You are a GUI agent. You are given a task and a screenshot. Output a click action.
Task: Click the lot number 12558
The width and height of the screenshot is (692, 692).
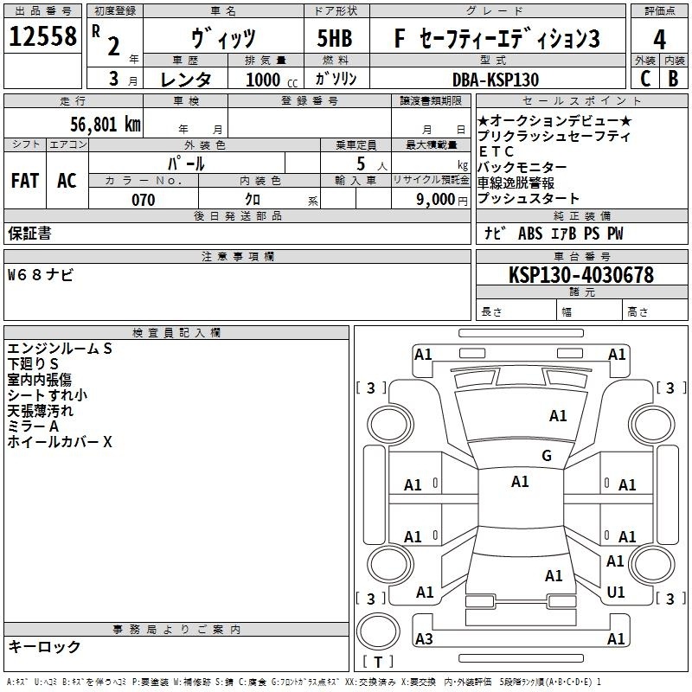click(42, 36)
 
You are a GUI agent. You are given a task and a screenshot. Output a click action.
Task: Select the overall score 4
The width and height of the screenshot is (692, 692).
click(659, 40)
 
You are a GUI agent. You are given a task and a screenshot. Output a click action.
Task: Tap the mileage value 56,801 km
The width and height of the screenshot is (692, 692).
click(106, 125)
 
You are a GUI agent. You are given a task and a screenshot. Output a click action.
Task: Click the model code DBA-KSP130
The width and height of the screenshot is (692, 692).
click(496, 80)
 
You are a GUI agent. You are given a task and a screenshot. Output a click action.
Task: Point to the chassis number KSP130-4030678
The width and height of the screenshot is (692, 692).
click(581, 275)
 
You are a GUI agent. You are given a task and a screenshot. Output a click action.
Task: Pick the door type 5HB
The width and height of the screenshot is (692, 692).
click(335, 38)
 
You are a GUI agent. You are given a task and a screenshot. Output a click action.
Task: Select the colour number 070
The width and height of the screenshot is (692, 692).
click(144, 200)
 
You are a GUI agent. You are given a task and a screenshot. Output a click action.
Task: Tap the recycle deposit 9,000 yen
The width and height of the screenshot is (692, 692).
click(442, 200)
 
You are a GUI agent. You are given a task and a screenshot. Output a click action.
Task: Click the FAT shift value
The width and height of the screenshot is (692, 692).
click(25, 181)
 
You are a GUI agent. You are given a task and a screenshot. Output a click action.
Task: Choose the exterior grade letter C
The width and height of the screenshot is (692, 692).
click(645, 79)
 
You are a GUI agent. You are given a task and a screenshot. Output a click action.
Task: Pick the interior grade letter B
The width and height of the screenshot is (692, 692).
click(674, 79)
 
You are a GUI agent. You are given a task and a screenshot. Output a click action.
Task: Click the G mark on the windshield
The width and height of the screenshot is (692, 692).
click(547, 456)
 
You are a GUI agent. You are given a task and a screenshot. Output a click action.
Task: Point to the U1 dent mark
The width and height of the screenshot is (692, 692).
click(616, 593)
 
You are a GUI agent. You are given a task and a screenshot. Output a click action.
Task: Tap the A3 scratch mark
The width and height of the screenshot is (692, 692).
click(424, 638)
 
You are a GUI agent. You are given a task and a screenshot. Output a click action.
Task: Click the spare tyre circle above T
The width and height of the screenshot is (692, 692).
click(378, 631)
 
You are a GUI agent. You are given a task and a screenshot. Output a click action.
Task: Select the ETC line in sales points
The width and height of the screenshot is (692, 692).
click(496, 152)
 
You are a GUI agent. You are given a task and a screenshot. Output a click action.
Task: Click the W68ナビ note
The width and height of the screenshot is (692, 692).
click(40, 275)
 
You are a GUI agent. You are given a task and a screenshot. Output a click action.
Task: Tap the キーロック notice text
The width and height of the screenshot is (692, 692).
click(44, 646)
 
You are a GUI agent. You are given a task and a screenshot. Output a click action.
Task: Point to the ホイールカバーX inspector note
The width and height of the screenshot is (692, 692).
click(60, 442)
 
